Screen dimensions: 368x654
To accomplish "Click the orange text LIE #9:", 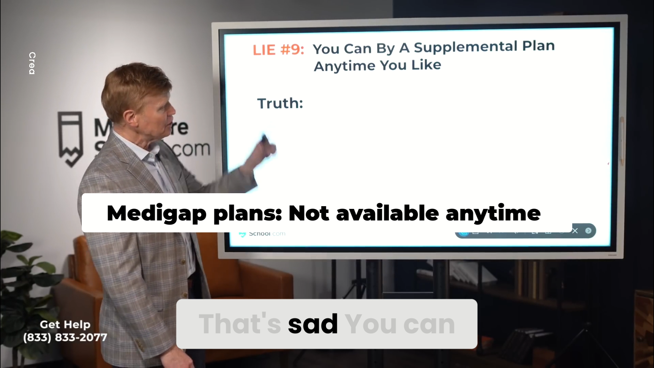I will (x=278, y=50).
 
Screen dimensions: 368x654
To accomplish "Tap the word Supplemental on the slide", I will (x=466, y=47).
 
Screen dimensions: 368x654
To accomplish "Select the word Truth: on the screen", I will (x=280, y=103).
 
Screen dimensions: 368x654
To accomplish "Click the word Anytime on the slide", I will (x=344, y=66).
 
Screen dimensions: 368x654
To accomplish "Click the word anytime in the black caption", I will (x=493, y=213).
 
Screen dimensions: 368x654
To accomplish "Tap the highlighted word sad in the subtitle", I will (x=313, y=324).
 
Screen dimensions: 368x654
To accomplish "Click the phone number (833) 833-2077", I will (x=65, y=337).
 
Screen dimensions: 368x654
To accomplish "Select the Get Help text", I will (x=65, y=324).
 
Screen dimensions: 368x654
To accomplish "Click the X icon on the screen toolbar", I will (x=575, y=231).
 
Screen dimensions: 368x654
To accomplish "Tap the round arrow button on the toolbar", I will (x=588, y=231).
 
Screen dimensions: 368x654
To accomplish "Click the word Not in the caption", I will (x=309, y=213).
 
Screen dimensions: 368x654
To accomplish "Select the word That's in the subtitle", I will (x=240, y=324).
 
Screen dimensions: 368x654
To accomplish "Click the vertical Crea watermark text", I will (x=32, y=63).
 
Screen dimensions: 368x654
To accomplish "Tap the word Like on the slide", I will (x=426, y=65).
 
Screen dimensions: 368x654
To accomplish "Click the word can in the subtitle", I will (x=429, y=324).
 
